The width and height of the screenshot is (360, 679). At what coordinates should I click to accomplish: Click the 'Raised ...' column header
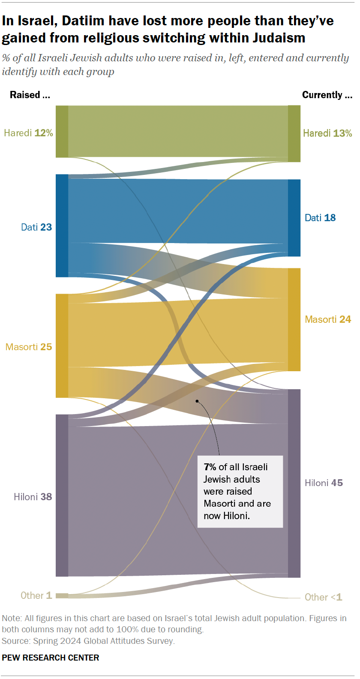click(x=30, y=95)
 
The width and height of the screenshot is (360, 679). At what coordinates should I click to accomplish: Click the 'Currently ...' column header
click(x=327, y=95)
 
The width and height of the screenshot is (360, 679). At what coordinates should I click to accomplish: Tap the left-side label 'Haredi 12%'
click(x=28, y=133)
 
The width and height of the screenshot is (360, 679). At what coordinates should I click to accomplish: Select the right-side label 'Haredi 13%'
click(x=327, y=133)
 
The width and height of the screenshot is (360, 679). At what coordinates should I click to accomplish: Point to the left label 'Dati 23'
click(x=36, y=227)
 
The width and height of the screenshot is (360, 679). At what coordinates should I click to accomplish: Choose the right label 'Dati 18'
click(x=320, y=218)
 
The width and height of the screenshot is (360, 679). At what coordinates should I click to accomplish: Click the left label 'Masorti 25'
click(x=29, y=347)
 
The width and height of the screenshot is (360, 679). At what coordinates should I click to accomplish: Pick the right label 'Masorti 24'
click(x=328, y=319)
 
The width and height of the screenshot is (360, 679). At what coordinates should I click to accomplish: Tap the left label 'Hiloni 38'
click(x=33, y=497)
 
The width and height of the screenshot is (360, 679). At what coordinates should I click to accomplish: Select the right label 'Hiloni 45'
click(x=324, y=483)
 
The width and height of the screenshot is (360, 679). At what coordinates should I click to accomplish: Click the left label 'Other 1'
click(x=36, y=595)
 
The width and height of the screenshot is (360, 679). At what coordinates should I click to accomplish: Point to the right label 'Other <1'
click(x=323, y=597)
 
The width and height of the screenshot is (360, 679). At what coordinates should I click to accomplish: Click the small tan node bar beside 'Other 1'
click(x=62, y=595)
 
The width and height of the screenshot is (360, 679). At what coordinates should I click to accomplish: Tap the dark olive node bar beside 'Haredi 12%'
click(x=62, y=131)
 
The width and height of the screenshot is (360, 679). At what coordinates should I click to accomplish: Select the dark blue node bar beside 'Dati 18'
click(x=294, y=218)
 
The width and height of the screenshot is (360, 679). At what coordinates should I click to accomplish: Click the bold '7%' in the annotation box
click(x=210, y=467)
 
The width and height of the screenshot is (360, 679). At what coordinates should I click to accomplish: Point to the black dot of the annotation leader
click(x=197, y=401)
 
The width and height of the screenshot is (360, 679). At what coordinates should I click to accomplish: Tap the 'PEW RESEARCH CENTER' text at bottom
click(x=51, y=658)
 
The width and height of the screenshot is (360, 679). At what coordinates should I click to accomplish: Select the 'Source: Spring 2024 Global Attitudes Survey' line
click(x=88, y=641)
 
